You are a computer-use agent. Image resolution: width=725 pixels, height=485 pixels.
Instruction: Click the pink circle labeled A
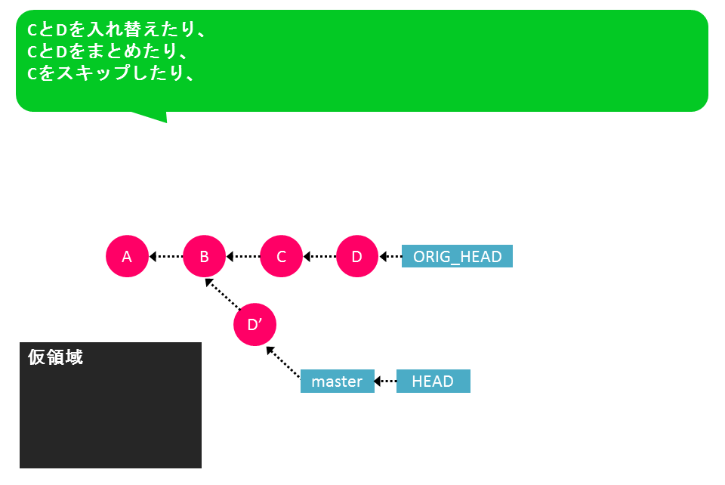tap(127, 256)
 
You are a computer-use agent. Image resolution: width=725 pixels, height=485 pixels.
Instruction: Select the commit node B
tap(204, 256)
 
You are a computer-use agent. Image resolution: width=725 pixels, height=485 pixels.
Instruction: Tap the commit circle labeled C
tap(281, 256)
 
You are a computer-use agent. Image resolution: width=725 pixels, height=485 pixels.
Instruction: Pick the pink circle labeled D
tap(357, 256)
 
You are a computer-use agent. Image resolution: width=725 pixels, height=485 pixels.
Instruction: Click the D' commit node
tap(255, 325)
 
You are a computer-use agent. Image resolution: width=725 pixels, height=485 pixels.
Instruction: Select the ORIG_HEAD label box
tap(457, 256)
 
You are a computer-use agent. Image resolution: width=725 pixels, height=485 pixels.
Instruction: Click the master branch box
tap(337, 381)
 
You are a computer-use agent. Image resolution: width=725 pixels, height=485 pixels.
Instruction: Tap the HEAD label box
tap(433, 381)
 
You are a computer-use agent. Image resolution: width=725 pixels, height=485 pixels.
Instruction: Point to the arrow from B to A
tap(166, 256)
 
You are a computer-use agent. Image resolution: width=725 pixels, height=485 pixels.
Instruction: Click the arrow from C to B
tap(243, 256)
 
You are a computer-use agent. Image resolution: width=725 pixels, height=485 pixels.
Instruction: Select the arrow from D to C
tap(319, 256)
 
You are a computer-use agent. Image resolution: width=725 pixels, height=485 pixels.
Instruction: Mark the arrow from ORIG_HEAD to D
tap(390, 256)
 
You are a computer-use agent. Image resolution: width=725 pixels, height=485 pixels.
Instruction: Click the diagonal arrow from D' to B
tap(223, 294)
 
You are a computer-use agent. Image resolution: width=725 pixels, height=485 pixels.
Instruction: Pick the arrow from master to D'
tap(283, 362)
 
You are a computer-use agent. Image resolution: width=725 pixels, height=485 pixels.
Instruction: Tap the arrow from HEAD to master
tap(385, 381)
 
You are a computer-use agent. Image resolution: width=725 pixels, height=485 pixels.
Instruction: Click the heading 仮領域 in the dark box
tap(55, 357)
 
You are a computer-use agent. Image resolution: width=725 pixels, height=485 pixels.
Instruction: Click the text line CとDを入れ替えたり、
tap(116, 29)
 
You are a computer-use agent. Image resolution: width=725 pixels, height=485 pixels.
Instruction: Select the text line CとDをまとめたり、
tap(107, 51)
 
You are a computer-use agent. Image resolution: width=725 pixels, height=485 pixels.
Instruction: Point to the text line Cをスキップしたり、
tap(110, 73)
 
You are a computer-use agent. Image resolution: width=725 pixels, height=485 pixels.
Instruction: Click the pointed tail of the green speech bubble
tap(166, 122)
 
